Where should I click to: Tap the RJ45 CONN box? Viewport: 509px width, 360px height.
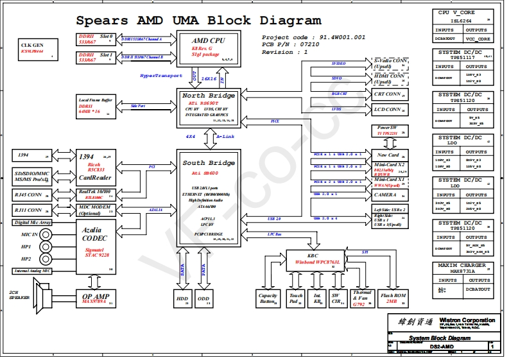point(31,194)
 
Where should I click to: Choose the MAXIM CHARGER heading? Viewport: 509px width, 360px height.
point(462,265)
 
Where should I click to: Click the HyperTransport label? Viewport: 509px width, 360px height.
point(161,76)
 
